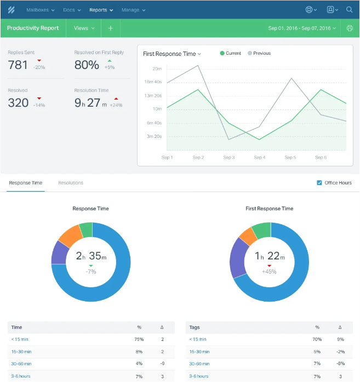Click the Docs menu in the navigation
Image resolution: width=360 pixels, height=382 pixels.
[x=72, y=10]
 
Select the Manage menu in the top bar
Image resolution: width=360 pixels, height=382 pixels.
[x=133, y=10]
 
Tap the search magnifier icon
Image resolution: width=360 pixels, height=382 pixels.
[x=349, y=10]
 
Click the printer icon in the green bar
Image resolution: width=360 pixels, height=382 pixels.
[x=350, y=28]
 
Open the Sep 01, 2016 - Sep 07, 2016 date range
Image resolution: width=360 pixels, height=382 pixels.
[x=302, y=28]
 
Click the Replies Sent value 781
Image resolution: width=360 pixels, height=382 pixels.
[x=18, y=65]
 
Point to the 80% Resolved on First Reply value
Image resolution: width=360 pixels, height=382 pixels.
[x=87, y=65]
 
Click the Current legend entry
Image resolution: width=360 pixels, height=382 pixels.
[x=230, y=54]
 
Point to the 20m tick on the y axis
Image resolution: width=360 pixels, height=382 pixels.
[x=157, y=69]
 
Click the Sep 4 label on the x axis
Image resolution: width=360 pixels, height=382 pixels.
[x=260, y=158]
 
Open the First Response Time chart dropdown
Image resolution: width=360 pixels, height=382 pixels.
[x=172, y=54]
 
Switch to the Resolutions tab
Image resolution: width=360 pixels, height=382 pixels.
[x=71, y=183]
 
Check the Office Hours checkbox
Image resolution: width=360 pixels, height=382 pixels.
[x=319, y=183]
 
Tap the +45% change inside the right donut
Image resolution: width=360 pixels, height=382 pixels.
[x=269, y=271]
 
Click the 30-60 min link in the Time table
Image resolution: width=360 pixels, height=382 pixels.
[x=21, y=364]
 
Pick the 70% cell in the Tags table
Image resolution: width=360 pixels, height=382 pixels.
[x=316, y=340]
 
